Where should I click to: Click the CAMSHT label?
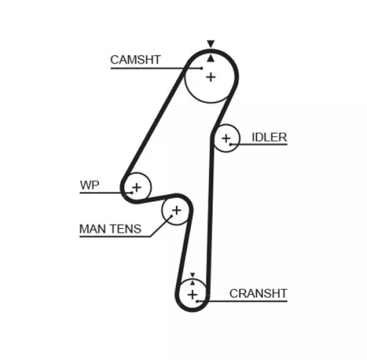135,60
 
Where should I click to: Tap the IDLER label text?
269,137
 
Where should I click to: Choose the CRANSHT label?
258,293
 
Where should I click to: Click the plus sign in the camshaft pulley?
211,77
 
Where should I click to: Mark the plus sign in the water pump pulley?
136,187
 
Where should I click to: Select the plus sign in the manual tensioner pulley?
175,211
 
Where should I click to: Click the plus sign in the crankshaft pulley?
192,294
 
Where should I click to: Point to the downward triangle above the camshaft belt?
211,44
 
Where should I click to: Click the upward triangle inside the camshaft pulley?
211,56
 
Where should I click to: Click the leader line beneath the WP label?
103,193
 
